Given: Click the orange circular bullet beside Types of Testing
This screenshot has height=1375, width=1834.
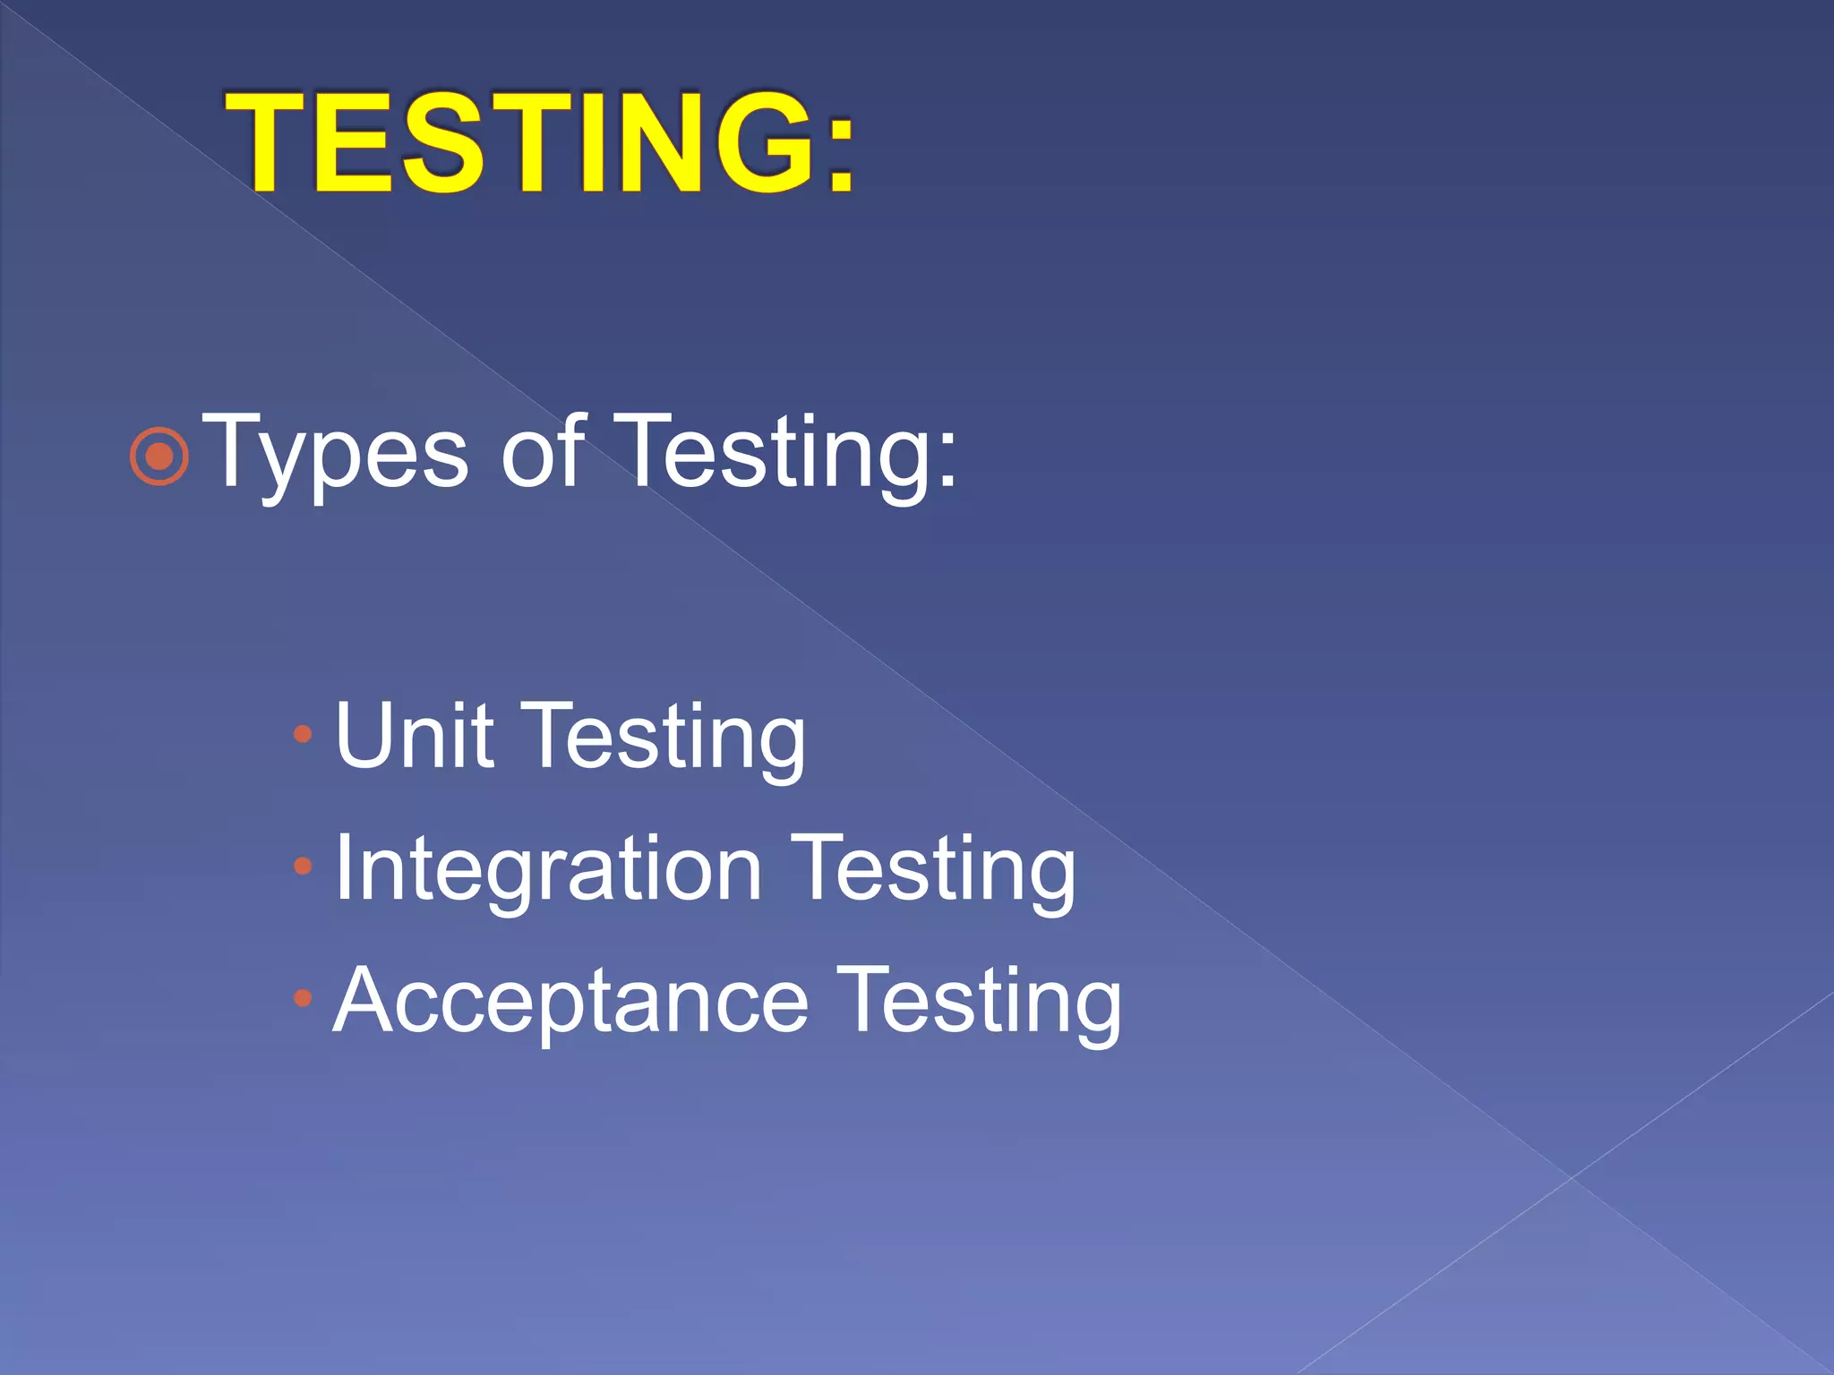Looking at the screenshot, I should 159,457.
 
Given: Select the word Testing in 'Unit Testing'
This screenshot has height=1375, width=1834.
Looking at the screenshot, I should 664,739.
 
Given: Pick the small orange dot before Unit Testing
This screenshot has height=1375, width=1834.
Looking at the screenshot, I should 303,735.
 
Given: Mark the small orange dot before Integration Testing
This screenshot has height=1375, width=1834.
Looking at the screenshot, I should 303,867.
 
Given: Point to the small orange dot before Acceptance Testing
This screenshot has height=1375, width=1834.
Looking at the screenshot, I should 303,998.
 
